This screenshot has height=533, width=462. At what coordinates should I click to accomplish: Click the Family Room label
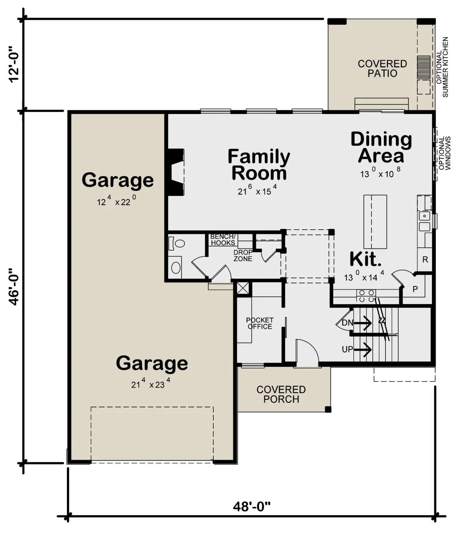(259, 165)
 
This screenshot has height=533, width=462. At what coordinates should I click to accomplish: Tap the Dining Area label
(381, 147)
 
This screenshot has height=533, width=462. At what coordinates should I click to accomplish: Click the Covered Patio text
(382, 68)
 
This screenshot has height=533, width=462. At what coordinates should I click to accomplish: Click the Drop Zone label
(243, 256)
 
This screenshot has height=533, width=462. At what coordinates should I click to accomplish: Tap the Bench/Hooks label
(223, 240)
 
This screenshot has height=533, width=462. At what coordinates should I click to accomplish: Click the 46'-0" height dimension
(14, 287)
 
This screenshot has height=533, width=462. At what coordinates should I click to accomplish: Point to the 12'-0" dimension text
(14, 65)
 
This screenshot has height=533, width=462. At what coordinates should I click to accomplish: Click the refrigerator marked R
(425, 259)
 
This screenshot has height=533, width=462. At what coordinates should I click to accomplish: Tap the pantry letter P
(415, 289)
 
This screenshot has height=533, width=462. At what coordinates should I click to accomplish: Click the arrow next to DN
(363, 323)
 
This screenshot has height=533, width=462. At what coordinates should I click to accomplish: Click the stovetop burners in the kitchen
(366, 296)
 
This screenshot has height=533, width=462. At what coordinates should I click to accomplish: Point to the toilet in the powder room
(176, 243)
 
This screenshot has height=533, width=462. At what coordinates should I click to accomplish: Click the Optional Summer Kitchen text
(442, 67)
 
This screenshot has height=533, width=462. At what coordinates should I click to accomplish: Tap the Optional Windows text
(445, 153)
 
